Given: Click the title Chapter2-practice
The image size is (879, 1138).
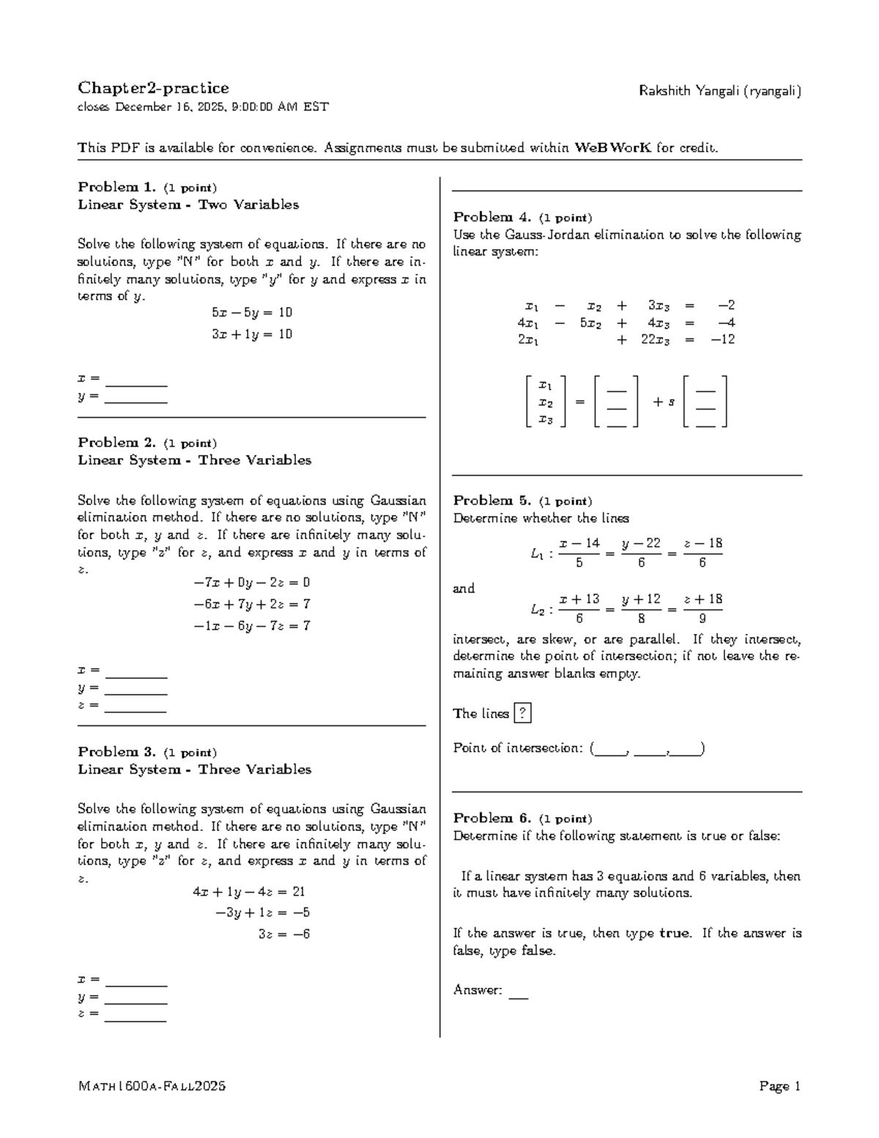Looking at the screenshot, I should click(x=153, y=89).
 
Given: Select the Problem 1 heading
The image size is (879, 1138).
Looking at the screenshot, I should click(x=116, y=188).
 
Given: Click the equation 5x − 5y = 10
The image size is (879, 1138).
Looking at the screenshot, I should click(x=252, y=313).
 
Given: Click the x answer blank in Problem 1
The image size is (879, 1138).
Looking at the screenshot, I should click(x=136, y=383).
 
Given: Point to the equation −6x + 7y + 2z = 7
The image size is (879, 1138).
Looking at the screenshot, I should click(x=252, y=605).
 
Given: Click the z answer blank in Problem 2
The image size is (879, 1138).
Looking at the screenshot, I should click(x=136, y=709).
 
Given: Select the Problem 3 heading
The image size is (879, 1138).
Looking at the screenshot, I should click(x=116, y=752).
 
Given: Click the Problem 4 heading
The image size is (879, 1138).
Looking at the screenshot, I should click(x=492, y=218).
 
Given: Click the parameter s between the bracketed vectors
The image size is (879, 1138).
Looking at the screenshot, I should click(x=671, y=402).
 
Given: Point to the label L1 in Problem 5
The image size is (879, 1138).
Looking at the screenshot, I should click(x=537, y=555).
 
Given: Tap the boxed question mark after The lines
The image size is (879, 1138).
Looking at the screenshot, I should click(x=522, y=713).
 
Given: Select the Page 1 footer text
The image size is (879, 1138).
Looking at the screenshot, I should click(x=780, y=1087).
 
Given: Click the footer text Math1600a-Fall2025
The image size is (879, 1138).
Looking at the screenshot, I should click(x=152, y=1087).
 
